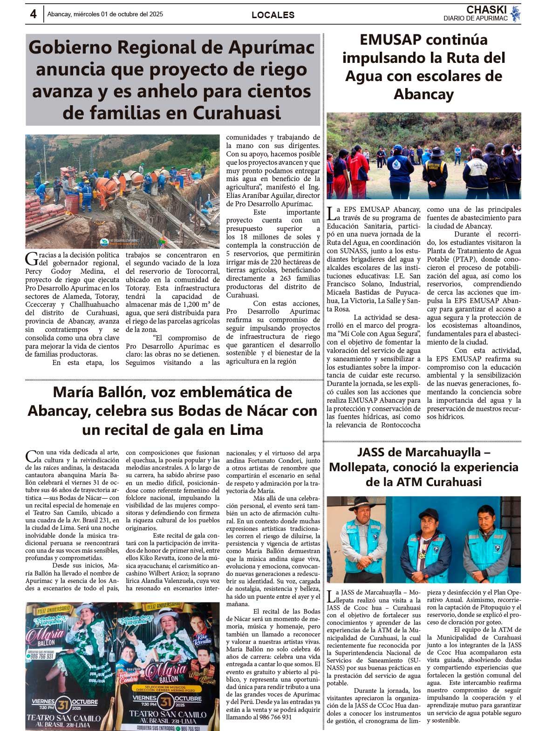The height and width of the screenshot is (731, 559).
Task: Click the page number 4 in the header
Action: pos(33,14)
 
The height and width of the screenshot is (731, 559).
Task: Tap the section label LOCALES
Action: pos(273,15)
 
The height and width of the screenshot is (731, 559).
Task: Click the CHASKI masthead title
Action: pos(486,10)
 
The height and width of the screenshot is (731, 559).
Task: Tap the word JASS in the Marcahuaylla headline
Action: pos(373,452)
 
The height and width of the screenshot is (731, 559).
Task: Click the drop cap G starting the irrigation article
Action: pos(32,258)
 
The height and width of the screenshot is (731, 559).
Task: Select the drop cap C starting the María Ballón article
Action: pos(31,456)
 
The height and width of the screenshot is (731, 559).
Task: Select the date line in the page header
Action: pos(105,14)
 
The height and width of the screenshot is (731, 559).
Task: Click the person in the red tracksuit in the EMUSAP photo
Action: pos(359,168)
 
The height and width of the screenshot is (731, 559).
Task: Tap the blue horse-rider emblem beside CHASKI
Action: pos(515,14)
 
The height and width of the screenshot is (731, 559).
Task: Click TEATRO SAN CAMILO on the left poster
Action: pos(63,718)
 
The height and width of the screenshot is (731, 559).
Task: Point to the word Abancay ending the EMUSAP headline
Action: pos(423,94)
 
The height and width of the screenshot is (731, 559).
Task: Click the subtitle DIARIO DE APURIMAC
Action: pos(475,19)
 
